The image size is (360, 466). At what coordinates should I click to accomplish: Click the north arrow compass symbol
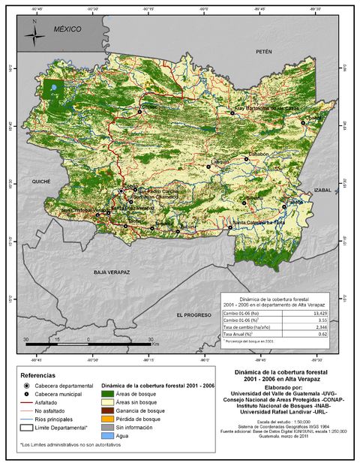point(34,33)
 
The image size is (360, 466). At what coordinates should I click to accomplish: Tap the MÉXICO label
point(67,29)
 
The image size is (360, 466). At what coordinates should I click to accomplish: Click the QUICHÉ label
point(40,182)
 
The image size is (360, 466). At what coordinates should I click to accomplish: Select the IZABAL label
point(322,190)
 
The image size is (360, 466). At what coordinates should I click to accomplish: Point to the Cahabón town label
point(258,154)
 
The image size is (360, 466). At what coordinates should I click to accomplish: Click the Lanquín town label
point(219,161)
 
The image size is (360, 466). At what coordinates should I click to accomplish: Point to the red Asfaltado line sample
point(25,402)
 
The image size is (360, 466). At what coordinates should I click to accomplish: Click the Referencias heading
point(37,374)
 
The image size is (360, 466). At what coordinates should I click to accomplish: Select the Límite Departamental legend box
point(25,428)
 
